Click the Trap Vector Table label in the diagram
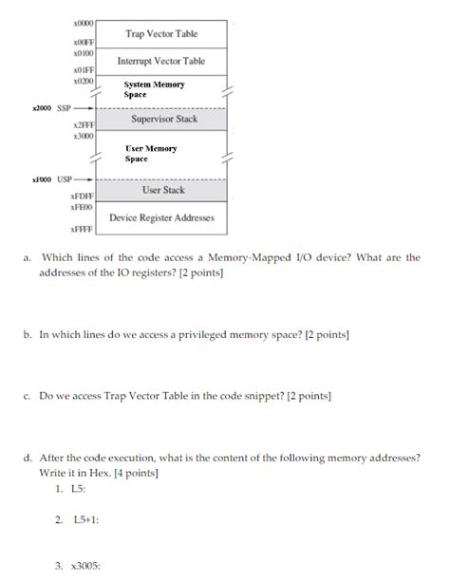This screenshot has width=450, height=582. pyautogui.click(x=161, y=34)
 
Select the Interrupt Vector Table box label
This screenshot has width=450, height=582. pyautogui.click(x=161, y=61)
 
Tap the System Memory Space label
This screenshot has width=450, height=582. pyautogui.click(x=154, y=90)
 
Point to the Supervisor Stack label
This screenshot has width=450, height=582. pyautogui.click(x=162, y=119)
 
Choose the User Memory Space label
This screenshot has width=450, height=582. pyautogui.click(x=151, y=154)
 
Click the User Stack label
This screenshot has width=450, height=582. pyautogui.click(x=163, y=190)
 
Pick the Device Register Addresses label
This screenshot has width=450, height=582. pyautogui.click(x=161, y=217)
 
